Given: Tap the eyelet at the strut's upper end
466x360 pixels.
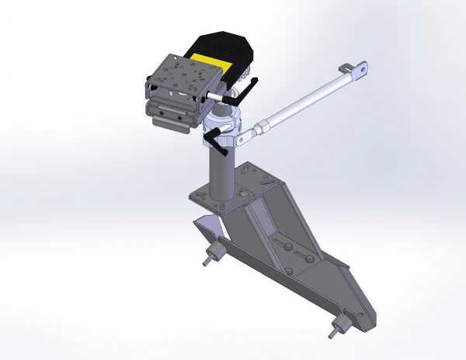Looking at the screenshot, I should coord(359,71).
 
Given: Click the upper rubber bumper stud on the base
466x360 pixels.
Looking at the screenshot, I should coord(210,256).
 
